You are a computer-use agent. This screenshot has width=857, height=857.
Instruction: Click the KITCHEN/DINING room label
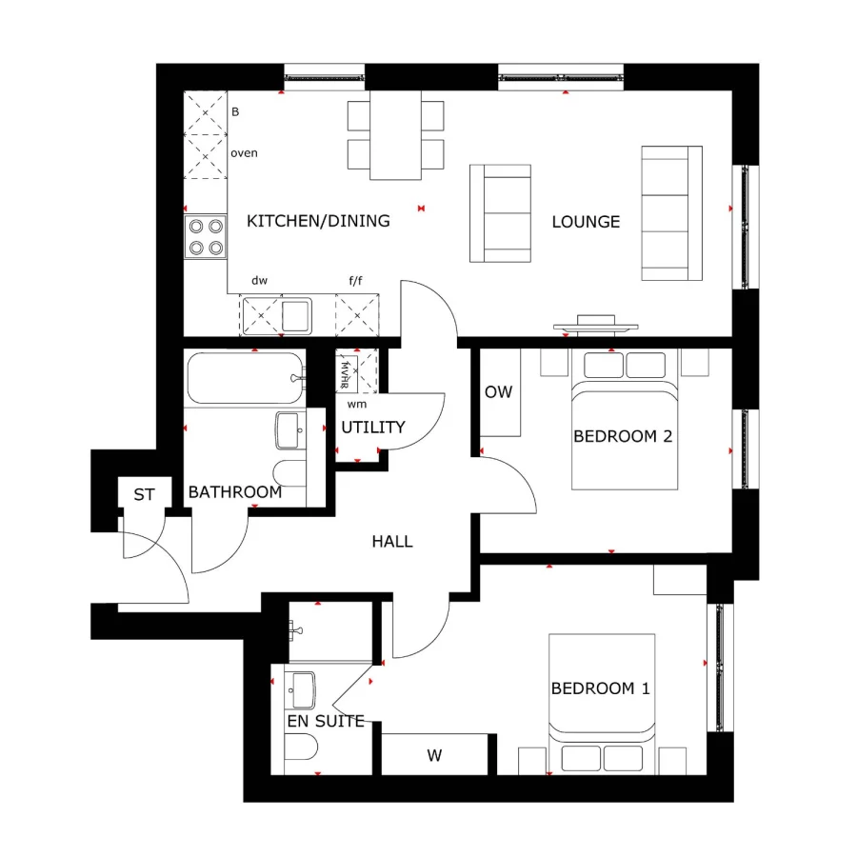[318, 221]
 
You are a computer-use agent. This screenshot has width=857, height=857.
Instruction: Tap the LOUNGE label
[586, 222]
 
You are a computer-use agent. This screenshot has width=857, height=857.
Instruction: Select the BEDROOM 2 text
[623, 436]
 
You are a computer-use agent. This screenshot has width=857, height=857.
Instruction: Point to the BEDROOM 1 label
[600, 688]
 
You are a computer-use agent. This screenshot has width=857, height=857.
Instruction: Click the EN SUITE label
[326, 721]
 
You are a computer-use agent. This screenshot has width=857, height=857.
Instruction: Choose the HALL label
[392, 541]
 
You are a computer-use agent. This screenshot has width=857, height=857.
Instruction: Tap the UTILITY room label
[373, 428]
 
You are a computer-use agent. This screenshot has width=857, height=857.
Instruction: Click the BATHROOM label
[234, 492]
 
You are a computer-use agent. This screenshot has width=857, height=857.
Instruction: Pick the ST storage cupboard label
[144, 495]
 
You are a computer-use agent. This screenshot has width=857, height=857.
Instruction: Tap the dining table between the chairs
[395, 134]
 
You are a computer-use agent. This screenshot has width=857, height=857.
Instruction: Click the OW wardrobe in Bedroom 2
[499, 392]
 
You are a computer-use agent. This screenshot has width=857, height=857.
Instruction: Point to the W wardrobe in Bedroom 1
[434, 757]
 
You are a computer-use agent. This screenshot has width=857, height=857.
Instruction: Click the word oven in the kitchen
[244, 152]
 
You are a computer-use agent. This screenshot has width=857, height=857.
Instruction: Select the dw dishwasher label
[259, 281]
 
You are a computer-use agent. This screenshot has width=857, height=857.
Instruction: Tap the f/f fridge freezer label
[356, 281]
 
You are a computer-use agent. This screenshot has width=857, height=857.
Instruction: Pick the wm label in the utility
[356, 404]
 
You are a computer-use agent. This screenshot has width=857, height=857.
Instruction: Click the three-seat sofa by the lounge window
[665, 213]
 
